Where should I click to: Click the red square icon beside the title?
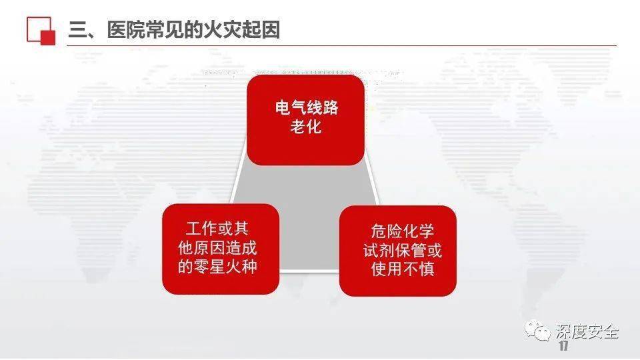(x=41, y=30)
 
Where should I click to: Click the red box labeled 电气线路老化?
(x=305, y=120)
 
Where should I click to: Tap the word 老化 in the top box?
(x=306, y=127)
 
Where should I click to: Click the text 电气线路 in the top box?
(x=307, y=107)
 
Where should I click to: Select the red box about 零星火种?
(x=221, y=249)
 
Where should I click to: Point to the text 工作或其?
(x=217, y=229)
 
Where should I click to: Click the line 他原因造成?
(x=217, y=248)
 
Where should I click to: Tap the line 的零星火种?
(x=217, y=267)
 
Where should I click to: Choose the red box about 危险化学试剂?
(x=397, y=251)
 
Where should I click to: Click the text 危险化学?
(x=403, y=231)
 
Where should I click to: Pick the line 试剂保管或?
(x=403, y=250)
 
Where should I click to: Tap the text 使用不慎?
(x=403, y=269)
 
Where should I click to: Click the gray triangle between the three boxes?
(x=305, y=212)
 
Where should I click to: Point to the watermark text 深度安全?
(x=587, y=332)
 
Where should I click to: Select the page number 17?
(x=564, y=346)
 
